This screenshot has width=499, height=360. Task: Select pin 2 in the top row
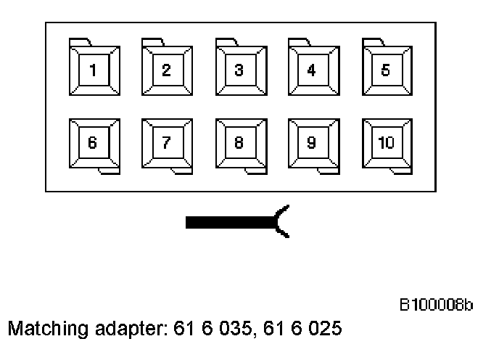[166, 70]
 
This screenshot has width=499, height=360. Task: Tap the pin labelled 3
[239, 70]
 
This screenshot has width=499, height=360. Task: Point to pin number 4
[311, 70]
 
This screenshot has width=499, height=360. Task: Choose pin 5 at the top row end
[385, 70]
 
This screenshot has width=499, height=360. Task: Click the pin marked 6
[92, 142]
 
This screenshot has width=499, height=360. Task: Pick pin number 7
[166, 142]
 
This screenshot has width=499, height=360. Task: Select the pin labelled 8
[239, 142]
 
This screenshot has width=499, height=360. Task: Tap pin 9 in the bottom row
[311, 142]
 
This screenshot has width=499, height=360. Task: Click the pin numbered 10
[385, 142]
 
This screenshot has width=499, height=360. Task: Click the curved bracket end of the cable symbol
[283, 222]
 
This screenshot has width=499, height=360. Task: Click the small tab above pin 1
[79, 41]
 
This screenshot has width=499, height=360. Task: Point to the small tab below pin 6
[108, 171]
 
